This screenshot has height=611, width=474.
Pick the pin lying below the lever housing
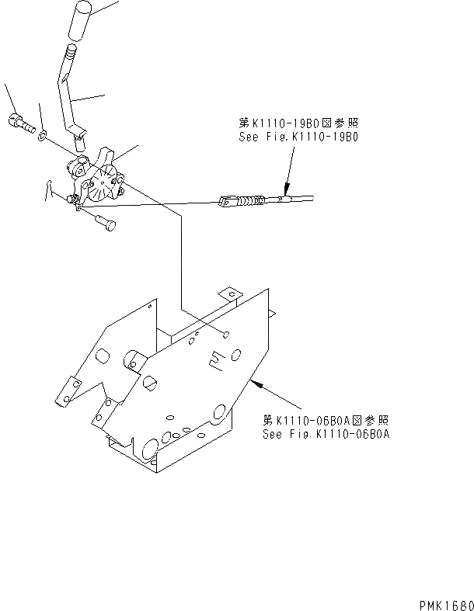(x=105, y=222)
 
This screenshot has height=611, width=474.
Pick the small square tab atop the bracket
(x=228, y=294)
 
